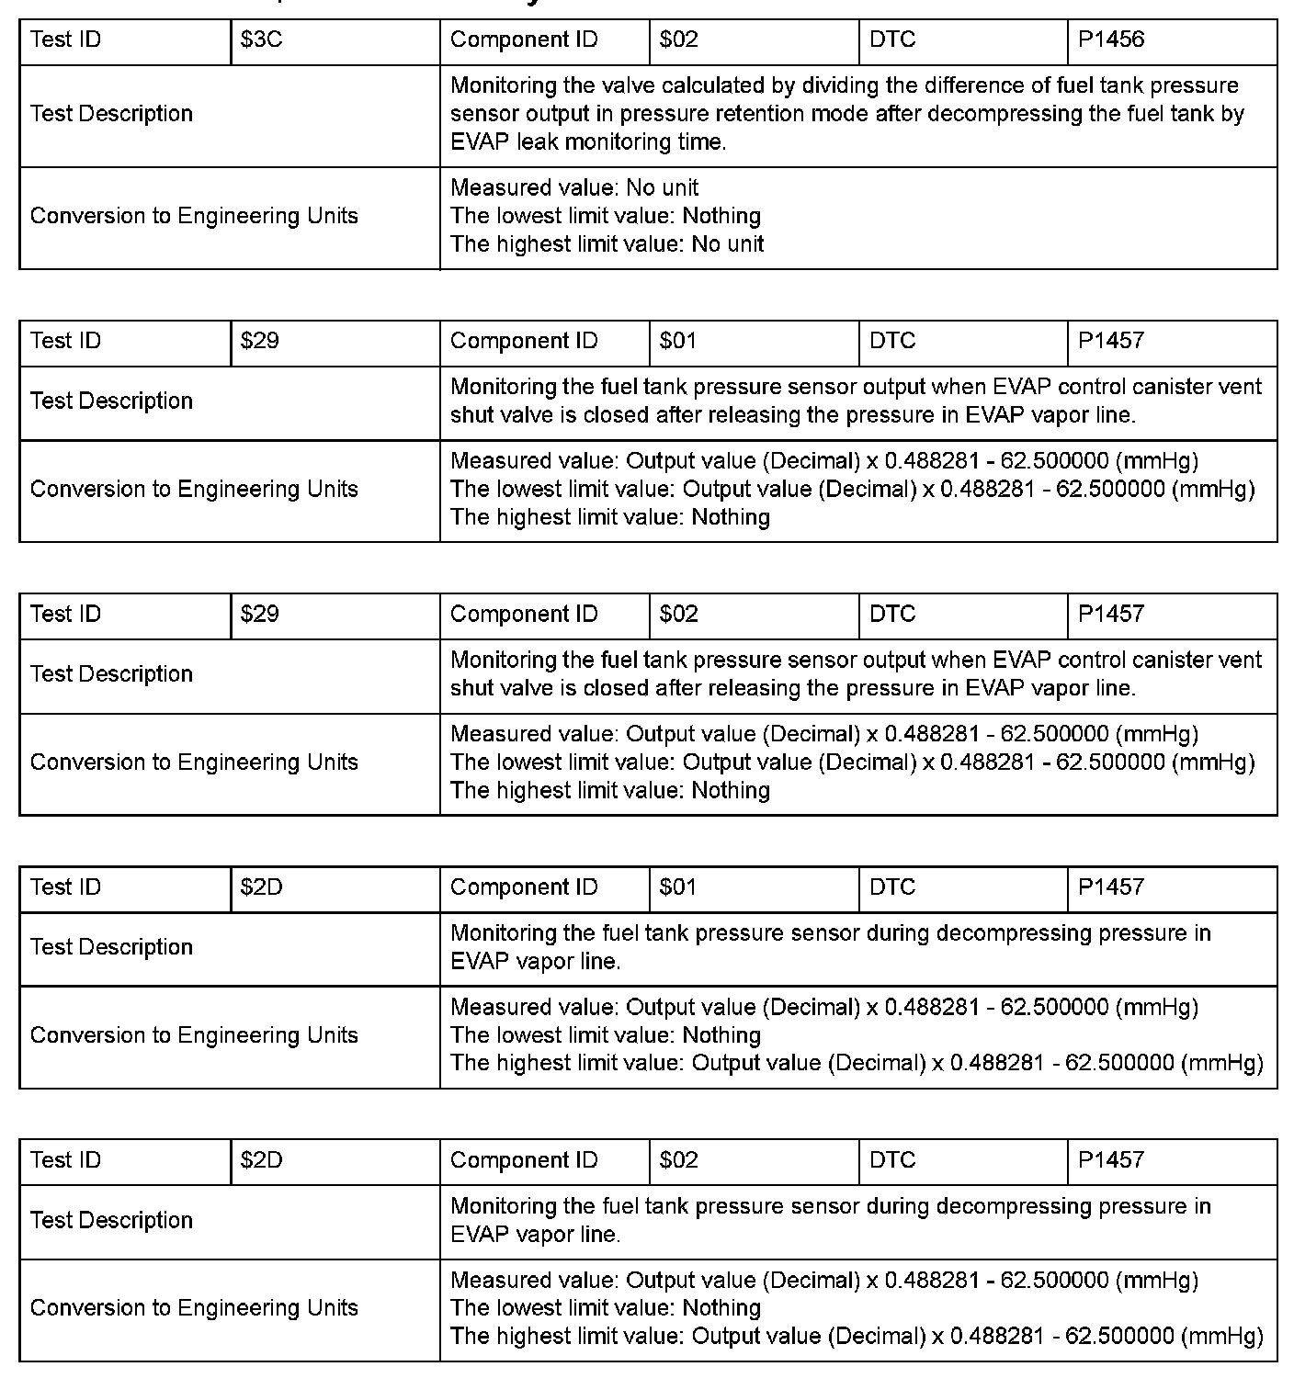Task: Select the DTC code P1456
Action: tap(1111, 40)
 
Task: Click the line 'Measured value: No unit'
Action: tap(574, 188)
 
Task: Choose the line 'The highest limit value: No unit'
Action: tap(607, 244)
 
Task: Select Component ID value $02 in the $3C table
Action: tap(678, 40)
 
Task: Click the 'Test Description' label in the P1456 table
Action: tap(111, 114)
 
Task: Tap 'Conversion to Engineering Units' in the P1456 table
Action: tap(194, 217)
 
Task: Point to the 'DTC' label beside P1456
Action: tap(892, 40)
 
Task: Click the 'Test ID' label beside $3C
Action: tap(65, 40)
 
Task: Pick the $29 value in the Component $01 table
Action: tap(259, 342)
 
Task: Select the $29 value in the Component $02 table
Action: tap(259, 615)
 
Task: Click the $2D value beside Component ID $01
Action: tap(261, 887)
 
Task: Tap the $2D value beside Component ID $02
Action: tap(261, 1160)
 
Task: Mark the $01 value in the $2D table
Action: tap(678, 887)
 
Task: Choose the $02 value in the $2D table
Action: tap(678, 1160)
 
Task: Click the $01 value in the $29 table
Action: tap(678, 342)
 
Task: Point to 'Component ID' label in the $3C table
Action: tap(524, 40)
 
